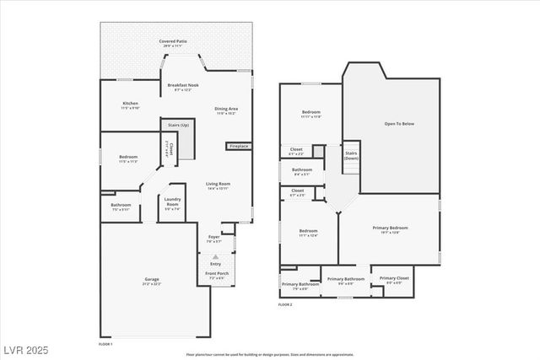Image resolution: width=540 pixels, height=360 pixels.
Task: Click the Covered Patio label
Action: click(176, 42)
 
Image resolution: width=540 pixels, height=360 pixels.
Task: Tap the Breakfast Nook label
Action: click(183, 87)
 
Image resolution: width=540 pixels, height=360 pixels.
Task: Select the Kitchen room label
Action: click(130, 105)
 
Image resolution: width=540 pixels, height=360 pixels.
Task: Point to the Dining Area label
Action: click(225, 110)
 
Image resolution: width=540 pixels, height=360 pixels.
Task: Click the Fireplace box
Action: click(239, 146)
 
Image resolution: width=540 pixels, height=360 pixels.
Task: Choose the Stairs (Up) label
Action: click(178, 125)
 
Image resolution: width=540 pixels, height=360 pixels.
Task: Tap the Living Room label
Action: click(219, 185)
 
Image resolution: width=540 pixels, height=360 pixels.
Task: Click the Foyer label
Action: click(214, 239)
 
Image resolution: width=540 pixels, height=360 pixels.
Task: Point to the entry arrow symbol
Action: click(215, 255)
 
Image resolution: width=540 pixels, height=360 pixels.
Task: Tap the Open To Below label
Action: click(399, 124)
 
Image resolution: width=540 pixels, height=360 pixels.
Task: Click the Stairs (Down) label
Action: click(351, 156)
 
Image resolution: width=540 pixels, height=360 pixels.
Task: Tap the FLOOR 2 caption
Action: click(285, 304)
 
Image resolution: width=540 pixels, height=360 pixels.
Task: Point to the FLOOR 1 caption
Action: click(105, 344)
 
